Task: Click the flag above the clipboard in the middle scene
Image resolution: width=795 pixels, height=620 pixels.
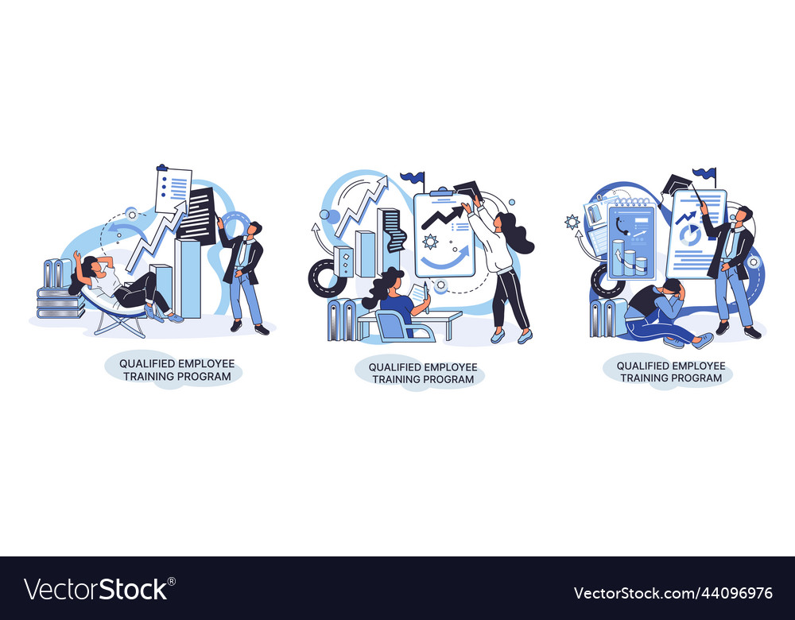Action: tap(413, 177)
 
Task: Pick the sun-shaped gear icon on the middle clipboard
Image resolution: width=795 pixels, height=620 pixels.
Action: tap(431, 241)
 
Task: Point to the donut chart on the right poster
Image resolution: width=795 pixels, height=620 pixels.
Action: tap(690, 234)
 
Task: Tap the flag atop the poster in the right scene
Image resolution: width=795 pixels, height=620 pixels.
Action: tap(705, 172)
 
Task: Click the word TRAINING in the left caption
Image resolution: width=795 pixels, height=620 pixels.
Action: tap(150, 376)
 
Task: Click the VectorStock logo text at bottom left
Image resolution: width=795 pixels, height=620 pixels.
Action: tap(96, 590)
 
